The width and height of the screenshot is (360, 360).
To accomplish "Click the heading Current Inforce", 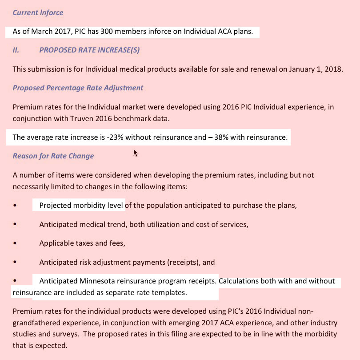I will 38,12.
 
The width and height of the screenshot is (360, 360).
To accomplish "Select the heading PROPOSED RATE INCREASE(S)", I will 89,50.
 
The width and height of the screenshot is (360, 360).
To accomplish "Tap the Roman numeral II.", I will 16,50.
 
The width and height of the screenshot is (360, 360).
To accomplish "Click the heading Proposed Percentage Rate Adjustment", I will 78,88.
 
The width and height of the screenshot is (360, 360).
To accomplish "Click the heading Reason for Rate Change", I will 53,156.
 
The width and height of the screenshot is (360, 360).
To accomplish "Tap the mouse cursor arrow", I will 135,153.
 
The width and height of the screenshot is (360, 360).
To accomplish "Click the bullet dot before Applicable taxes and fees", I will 15,243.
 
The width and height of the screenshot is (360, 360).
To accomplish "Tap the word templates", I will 171,293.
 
